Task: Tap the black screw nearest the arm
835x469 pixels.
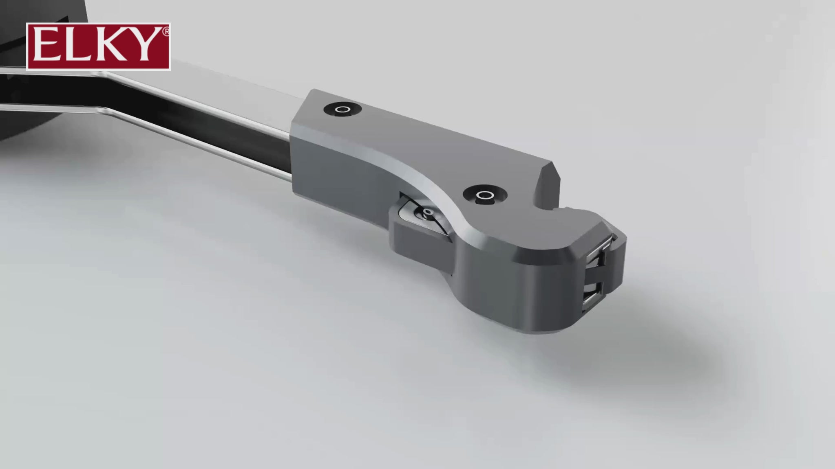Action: click(x=343, y=109)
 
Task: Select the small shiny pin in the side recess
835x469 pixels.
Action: click(x=428, y=212)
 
